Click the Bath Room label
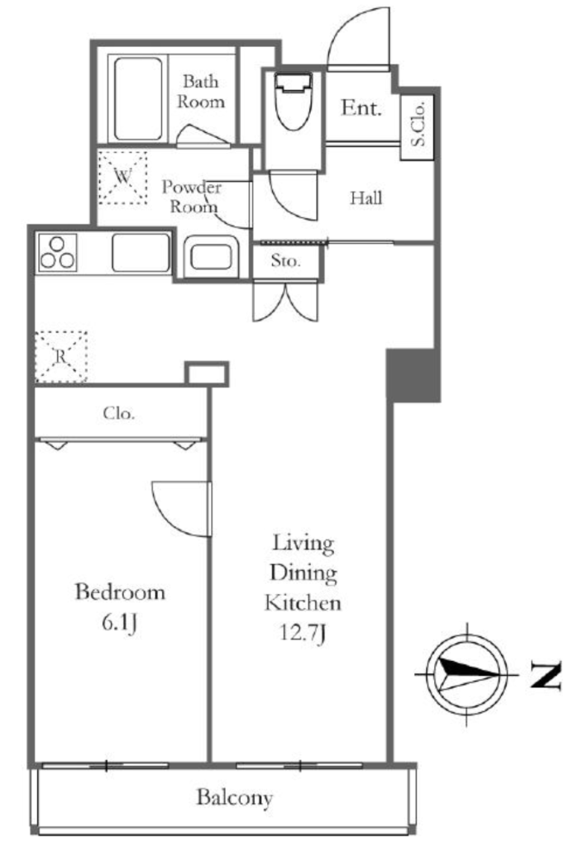click(x=201, y=92)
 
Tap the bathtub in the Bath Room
click(x=138, y=99)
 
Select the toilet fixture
click(x=294, y=102)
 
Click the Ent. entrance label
click(x=361, y=108)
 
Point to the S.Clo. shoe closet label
click(x=418, y=125)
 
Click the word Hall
click(x=366, y=198)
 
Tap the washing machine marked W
click(x=122, y=177)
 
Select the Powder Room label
click(x=193, y=197)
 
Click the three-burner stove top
click(x=57, y=253)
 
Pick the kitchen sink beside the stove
click(x=141, y=253)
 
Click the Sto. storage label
click(x=286, y=261)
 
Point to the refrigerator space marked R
click(x=61, y=357)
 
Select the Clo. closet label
click(x=119, y=414)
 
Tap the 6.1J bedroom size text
click(x=119, y=623)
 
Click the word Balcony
click(x=235, y=797)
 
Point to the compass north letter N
click(x=545, y=675)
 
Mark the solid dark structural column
click(x=413, y=375)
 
